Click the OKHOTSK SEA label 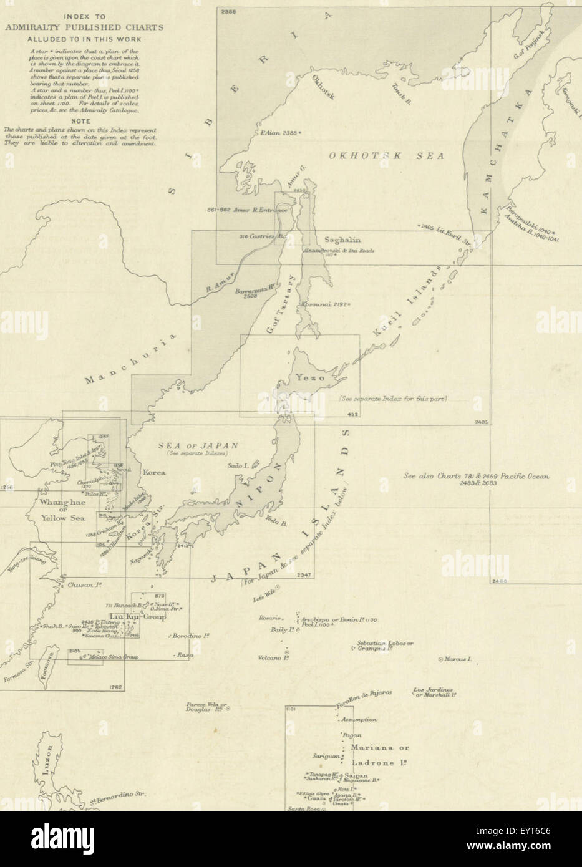coord(385,157)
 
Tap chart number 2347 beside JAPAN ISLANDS coord(304,574)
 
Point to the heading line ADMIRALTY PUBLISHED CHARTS coord(84,27)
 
